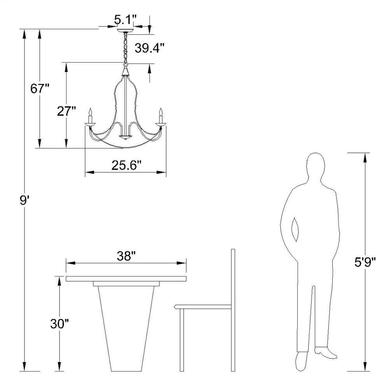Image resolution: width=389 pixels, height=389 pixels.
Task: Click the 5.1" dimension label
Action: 125,19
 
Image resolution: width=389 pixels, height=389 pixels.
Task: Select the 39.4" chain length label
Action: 150,48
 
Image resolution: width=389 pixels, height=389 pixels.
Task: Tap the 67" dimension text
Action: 40,89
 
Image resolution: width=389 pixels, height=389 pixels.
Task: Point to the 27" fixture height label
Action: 66,111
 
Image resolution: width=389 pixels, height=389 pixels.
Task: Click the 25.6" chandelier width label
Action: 126,165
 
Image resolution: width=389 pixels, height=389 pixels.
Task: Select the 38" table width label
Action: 126,256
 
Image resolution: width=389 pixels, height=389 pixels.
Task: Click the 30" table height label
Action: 59,324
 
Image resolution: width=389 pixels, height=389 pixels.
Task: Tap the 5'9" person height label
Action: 365,262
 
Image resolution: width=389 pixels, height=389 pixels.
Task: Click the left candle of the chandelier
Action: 90,116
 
